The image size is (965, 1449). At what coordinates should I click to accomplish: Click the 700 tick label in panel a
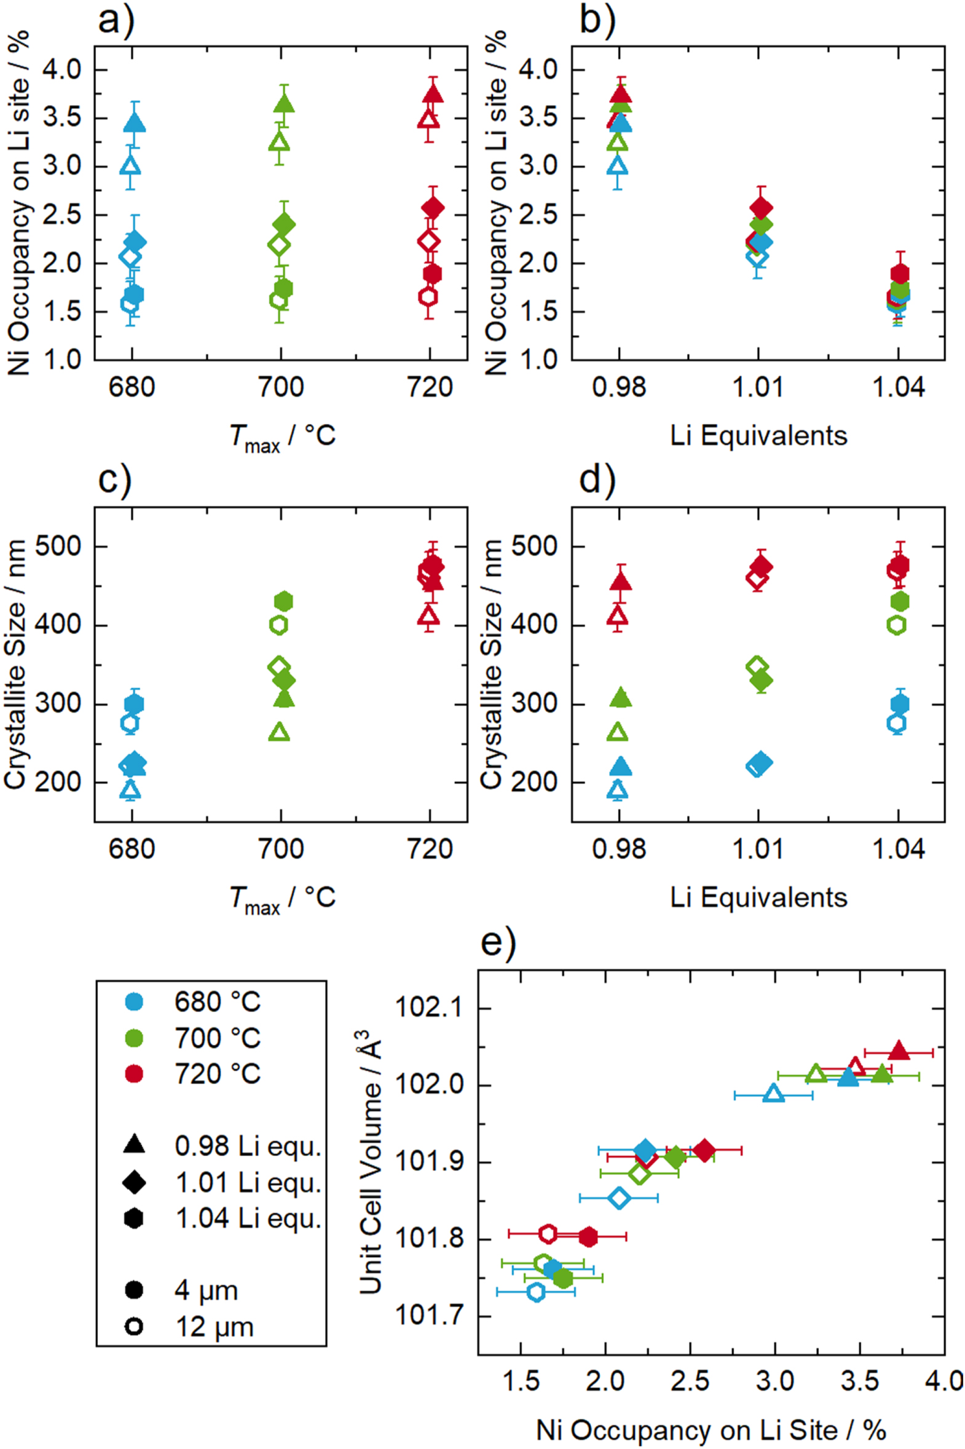pyautogui.click(x=281, y=388)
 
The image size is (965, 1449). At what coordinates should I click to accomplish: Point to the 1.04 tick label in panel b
pyautogui.click(x=899, y=388)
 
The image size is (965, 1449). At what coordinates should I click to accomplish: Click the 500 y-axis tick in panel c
pyautogui.click(x=59, y=547)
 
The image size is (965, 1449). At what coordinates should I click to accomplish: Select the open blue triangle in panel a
pyautogui.click(x=130, y=165)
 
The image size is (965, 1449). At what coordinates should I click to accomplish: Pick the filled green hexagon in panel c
pyautogui.click(x=283, y=601)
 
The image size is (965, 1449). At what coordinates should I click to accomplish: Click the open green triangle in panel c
pyautogui.click(x=280, y=733)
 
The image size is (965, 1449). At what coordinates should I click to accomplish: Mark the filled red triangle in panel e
pyautogui.click(x=899, y=1051)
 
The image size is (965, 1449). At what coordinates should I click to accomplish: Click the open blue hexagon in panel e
pyautogui.click(x=536, y=1292)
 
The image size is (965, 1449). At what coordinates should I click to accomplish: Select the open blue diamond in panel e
pyautogui.click(x=620, y=1198)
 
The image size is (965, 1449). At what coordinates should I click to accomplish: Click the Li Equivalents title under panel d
pyautogui.click(x=758, y=897)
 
